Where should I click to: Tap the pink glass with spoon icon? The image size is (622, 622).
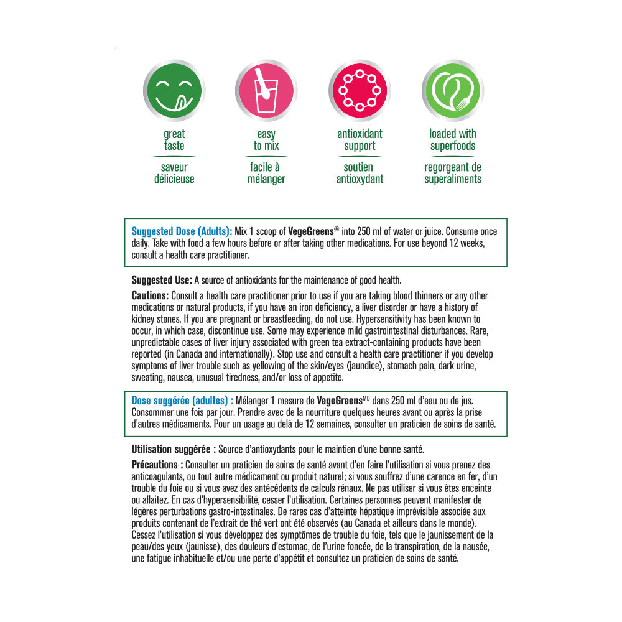[266, 91]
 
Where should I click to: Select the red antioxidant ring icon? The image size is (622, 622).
[360, 91]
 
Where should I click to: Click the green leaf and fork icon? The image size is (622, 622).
[452, 91]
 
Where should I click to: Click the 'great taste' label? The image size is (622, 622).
[174, 140]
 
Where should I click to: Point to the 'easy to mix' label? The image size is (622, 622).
[266, 140]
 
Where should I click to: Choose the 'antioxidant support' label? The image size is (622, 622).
[360, 140]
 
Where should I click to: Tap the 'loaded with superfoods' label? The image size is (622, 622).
[452, 140]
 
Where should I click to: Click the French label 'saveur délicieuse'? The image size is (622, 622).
[174, 173]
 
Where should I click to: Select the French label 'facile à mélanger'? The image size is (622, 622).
[266, 173]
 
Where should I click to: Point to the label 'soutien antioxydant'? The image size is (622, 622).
[360, 173]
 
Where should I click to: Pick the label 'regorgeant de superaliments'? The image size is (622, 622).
[452, 173]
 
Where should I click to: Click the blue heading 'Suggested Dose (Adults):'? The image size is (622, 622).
[178, 231]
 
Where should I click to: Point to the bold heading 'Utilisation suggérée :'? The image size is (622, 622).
[174, 449]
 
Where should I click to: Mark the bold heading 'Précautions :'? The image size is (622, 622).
[157, 465]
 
